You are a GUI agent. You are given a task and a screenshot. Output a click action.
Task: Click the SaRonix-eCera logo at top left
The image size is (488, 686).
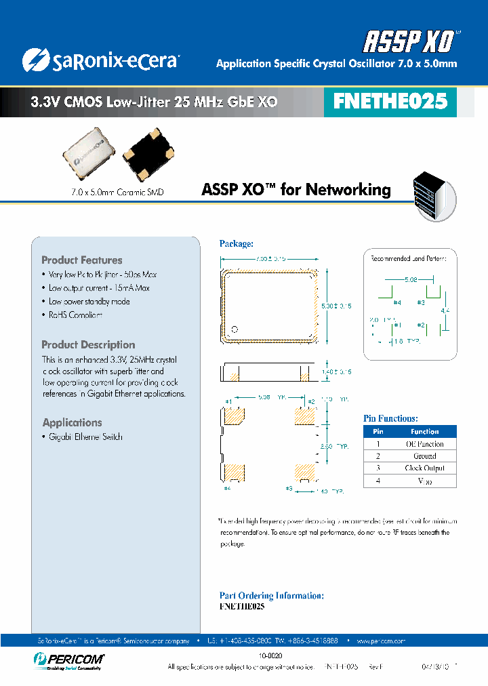(100, 60)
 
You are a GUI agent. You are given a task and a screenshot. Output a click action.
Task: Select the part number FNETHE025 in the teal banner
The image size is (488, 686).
(390, 102)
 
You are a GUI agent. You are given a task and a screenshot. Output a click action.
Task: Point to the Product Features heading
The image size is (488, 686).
(82, 260)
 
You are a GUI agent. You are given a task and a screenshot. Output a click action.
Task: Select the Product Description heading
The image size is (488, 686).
(88, 345)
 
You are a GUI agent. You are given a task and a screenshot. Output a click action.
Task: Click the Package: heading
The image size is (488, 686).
(236, 243)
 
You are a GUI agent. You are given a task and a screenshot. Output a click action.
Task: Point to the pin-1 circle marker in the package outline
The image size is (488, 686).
(235, 330)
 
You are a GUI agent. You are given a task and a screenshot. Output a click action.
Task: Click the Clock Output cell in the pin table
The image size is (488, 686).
(425, 468)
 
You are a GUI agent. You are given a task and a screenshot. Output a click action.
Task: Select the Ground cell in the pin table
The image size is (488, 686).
(425, 456)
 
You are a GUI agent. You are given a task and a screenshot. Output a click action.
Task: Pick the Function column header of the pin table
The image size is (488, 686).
(425, 431)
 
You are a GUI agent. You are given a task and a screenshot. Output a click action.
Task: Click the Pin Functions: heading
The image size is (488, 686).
(390, 419)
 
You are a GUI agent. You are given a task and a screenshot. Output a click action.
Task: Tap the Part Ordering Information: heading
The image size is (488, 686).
(271, 595)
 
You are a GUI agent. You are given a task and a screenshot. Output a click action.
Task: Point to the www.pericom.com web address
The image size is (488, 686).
(380, 641)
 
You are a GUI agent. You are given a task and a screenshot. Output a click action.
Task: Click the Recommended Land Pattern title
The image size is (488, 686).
(413, 258)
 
